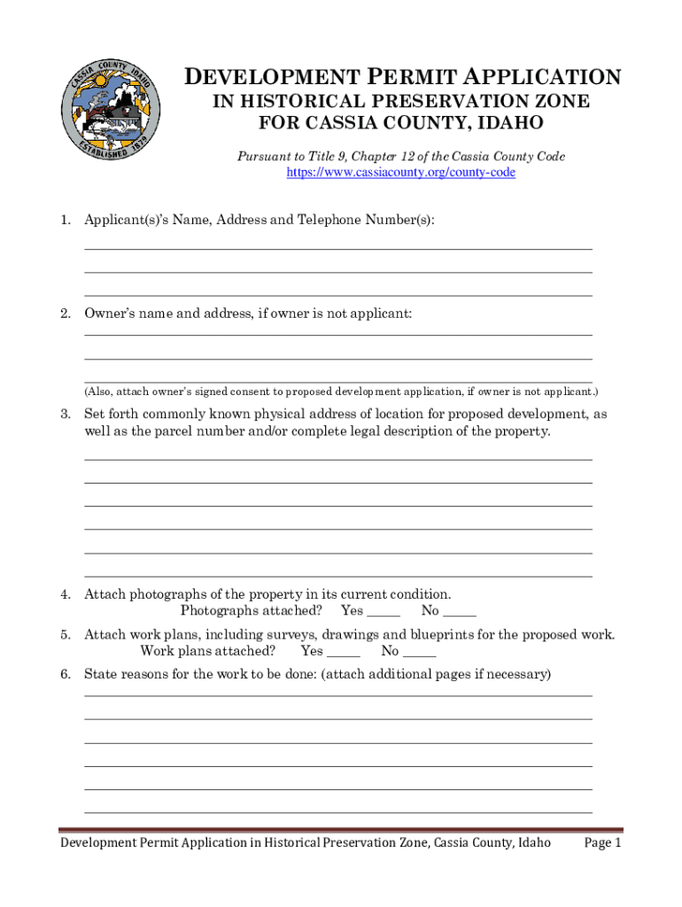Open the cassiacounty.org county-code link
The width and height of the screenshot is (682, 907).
(x=400, y=173)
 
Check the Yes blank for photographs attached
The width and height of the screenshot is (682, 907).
(x=383, y=611)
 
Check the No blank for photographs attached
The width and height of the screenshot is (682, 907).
(x=460, y=611)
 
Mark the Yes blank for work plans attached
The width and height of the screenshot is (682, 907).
(x=343, y=652)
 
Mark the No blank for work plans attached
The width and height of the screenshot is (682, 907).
(x=419, y=652)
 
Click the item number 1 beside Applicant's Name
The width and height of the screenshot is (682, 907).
(x=66, y=220)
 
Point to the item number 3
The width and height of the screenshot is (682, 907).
(x=66, y=414)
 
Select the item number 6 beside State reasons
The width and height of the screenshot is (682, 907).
(x=66, y=675)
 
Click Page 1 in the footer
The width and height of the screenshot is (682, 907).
(x=603, y=843)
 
